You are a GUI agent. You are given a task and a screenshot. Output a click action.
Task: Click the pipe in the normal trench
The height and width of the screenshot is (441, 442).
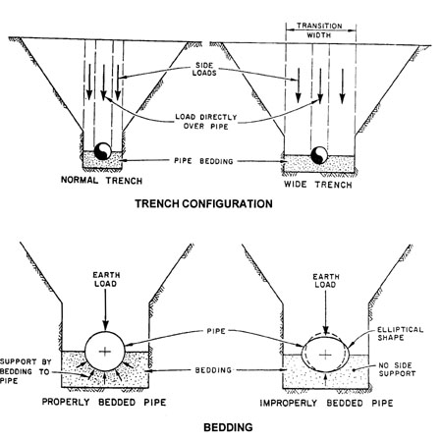[x=103, y=151]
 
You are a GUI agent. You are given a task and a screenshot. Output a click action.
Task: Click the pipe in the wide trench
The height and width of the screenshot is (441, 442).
[x=319, y=155]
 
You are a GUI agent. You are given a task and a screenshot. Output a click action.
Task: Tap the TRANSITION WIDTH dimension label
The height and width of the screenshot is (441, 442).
[x=319, y=30]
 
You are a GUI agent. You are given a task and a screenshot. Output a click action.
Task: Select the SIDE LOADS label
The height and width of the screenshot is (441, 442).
[x=204, y=69]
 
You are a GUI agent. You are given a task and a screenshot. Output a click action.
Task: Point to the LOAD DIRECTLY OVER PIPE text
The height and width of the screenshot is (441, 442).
[x=206, y=122]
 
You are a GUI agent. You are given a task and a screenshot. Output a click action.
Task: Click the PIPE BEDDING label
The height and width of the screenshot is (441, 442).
[x=203, y=161]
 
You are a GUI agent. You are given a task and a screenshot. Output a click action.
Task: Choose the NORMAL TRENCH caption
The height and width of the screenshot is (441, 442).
[x=101, y=181]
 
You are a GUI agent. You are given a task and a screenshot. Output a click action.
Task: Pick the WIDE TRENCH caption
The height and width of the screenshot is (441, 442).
[x=318, y=185]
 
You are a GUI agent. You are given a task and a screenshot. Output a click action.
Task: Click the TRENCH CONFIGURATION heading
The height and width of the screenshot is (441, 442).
[x=203, y=203]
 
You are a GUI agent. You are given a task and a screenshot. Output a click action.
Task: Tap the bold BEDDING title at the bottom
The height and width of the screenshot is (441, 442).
[x=228, y=427]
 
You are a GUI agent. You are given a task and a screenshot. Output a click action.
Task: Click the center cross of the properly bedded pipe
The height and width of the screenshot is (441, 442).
[x=105, y=352]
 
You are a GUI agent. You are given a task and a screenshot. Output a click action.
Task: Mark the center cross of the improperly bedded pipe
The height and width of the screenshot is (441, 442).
[x=325, y=355]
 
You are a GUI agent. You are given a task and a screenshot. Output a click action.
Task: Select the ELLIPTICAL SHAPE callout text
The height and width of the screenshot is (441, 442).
[x=400, y=334]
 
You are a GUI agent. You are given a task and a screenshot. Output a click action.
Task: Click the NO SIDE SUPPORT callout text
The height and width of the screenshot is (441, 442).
[x=397, y=369]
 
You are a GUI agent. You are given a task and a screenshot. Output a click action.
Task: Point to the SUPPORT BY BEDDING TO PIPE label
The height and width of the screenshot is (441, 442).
[x=26, y=371]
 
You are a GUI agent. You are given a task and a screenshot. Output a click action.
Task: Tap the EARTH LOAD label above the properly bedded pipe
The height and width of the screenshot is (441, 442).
[x=106, y=279]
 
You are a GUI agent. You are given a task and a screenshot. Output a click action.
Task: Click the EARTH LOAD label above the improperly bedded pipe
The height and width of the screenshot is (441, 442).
[x=325, y=281]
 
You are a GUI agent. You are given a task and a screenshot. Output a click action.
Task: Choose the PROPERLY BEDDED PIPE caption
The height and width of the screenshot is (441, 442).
[x=104, y=402]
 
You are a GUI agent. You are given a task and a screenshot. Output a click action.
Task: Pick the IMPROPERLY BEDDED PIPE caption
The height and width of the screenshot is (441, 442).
[x=326, y=403]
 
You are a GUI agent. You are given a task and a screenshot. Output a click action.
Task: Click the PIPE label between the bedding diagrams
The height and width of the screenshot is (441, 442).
[x=216, y=331]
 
